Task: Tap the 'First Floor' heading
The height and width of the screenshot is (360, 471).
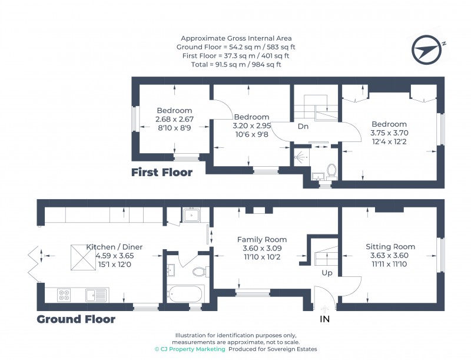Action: (x=162, y=173)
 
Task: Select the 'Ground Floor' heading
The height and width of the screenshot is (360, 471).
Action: (x=76, y=319)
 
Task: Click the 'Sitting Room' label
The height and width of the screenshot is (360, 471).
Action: (x=390, y=247)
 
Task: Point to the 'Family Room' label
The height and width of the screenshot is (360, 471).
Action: (x=262, y=240)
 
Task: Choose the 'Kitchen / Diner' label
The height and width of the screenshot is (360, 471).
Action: (x=114, y=247)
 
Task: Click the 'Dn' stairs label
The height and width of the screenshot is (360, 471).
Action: (x=303, y=127)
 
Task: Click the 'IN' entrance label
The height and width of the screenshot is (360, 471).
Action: (x=324, y=320)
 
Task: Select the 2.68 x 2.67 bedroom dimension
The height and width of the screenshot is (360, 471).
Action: (x=174, y=120)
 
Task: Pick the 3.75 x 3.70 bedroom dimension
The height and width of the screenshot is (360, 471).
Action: (x=389, y=133)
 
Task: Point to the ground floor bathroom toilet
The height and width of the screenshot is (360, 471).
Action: (x=200, y=272)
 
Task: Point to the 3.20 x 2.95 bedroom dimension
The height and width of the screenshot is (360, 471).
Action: (x=251, y=125)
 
